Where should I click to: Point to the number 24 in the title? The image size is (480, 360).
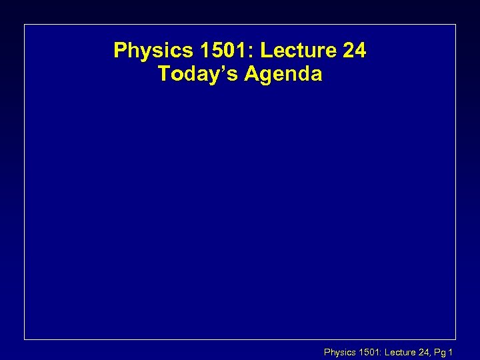click(x=354, y=51)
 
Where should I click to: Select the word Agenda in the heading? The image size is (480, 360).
click(x=283, y=74)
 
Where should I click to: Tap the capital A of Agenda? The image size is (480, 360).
click(x=250, y=74)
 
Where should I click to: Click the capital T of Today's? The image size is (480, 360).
click(x=164, y=74)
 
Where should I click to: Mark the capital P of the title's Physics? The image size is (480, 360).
click(x=120, y=51)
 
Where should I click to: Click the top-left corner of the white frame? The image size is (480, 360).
click(x=25, y=25)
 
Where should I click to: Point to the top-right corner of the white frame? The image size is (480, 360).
click(x=455, y=25)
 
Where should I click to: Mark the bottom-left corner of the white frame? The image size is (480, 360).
click(x=25, y=339)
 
